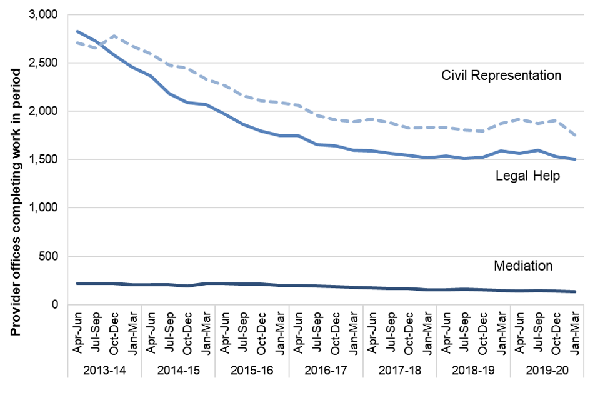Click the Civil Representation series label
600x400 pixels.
pyautogui.click(x=502, y=76)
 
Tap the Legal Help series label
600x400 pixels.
pyautogui.click(x=527, y=176)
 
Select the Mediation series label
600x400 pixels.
pyautogui.click(x=523, y=266)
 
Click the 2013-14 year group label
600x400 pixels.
pyautogui.click(x=104, y=370)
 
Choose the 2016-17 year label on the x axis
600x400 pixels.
pyautogui.click(x=326, y=370)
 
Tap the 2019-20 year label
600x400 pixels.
pyautogui.click(x=547, y=370)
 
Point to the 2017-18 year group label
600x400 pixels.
pyautogui.click(x=400, y=370)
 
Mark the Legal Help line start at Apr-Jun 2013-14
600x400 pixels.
pyautogui.click(x=77, y=31)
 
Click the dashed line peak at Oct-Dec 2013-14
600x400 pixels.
pyautogui.click(x=114, y=36)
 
